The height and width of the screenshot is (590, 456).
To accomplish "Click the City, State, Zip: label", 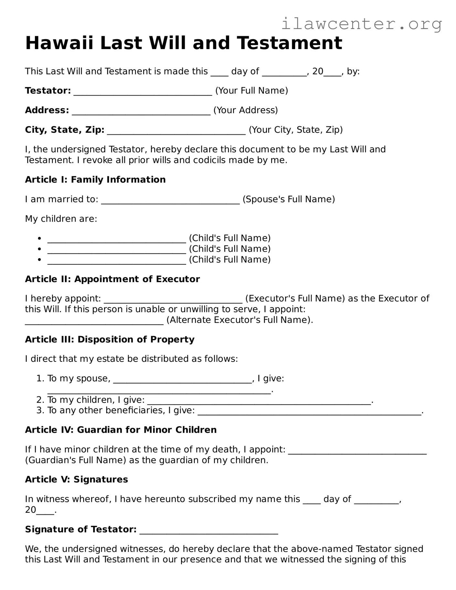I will coord(65,130).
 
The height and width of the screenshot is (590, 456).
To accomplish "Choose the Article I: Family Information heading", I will coord(95,180).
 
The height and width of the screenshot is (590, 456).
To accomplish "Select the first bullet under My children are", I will coord(39,238).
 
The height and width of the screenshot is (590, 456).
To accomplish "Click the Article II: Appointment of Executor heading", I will coord(112,279).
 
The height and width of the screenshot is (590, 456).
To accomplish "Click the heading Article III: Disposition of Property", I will coord(110,340).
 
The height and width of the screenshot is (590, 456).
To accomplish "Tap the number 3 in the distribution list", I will coord(39,410).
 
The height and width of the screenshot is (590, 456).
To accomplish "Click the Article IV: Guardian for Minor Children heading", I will coord(121,430).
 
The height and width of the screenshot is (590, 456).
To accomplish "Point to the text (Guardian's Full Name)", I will coord(75,460).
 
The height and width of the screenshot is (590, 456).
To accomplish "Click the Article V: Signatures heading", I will coord(76,479).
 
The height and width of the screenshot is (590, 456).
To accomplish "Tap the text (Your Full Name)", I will coord(251,91).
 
